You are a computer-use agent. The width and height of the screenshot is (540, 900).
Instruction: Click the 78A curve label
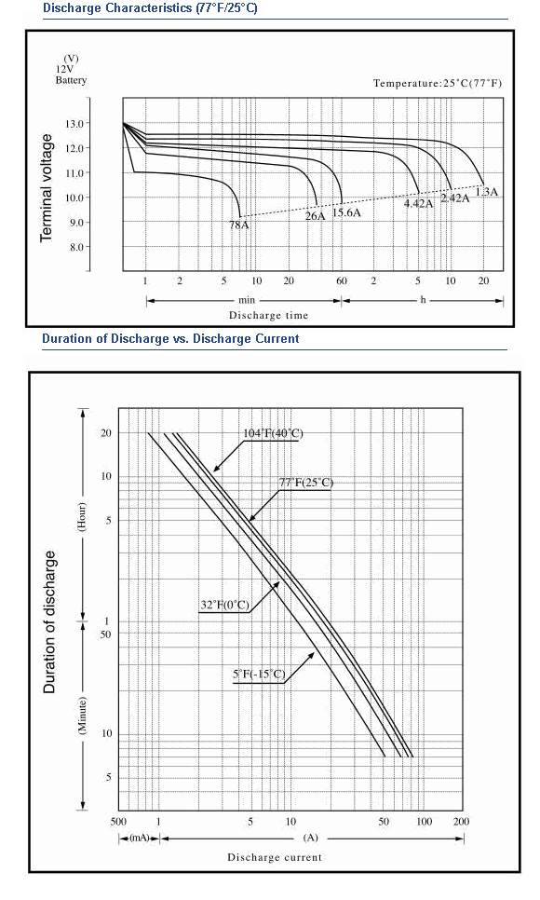pyautogui.click(x=239, y=225)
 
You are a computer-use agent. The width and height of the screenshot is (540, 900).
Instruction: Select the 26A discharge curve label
pyautogui.click(x=315, y=216)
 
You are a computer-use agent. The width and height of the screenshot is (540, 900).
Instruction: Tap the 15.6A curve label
pyautogui.click(x=346, y=212)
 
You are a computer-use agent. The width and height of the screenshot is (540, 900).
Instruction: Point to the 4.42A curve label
pyautogui.click(x=418, y=203)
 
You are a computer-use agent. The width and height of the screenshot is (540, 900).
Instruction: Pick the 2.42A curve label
pyautogui.click(x=455, y=198)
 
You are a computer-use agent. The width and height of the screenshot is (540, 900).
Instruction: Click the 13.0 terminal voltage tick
pyautogui.click(x=77, y=123)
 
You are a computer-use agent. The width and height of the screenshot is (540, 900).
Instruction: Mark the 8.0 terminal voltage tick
pyautogui.click(x=77, y=247)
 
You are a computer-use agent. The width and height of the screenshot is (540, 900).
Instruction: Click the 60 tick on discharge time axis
pyautogui.click(x=342, y=280)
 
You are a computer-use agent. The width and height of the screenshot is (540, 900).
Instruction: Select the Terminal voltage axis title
pyautogui.click(x=46, y=187)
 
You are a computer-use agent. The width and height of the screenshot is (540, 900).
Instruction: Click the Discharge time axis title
pyautogui.click(x=268, y=315)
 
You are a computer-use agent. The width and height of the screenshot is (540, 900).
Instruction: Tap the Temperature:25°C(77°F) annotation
pyautogui.click(x=438, y=83)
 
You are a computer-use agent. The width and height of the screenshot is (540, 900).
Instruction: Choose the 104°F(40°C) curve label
pyautogui.click(x=273, y=433)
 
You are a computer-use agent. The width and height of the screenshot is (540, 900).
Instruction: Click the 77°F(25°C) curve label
pyautogui.click(x=306, y=483)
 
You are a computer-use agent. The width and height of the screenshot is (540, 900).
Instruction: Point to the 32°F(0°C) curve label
pyautogui.click(x=225, y=605)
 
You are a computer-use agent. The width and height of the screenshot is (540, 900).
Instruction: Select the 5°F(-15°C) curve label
pyautogui.click(x=259, y=674)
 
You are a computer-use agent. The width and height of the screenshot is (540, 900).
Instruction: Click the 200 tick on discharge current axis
pyautogui.click(x=461, y=822)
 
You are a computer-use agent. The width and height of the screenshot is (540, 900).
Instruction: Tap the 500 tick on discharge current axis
pyautogui.click(x=118, y=822)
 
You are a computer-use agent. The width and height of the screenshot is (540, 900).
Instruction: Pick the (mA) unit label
pyautogui.click(x=140, y=838)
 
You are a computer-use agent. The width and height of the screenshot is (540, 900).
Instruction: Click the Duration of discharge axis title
pyautogui.click(x=50, y=622)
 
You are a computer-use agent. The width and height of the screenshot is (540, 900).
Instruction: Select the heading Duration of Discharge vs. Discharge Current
pyautogui.click(x=170, y=338)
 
